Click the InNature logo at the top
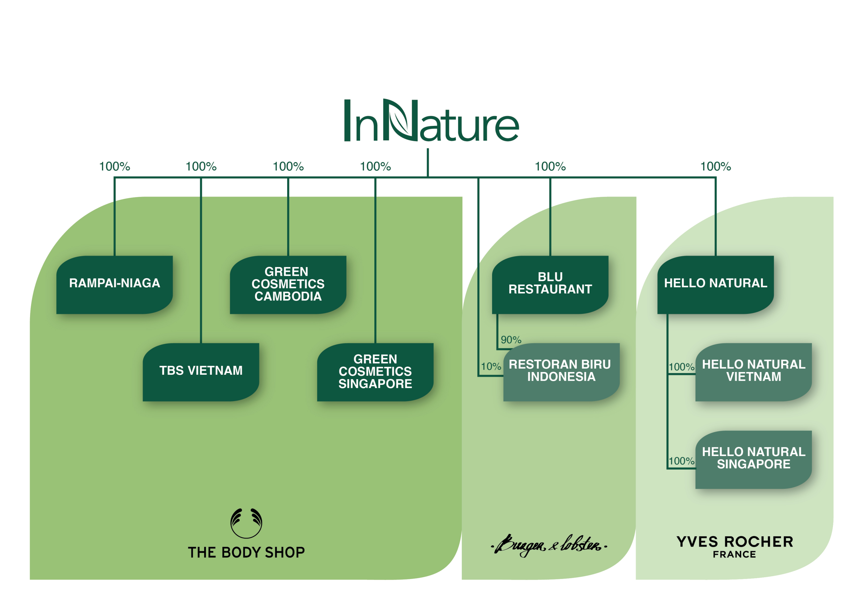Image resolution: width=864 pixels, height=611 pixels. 431,121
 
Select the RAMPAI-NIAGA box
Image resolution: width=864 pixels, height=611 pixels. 114,285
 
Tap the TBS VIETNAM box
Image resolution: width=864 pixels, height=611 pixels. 201,372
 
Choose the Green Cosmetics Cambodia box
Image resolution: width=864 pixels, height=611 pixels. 288,285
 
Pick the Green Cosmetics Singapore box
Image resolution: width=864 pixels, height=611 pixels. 375,372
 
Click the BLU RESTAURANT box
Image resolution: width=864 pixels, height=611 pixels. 550,285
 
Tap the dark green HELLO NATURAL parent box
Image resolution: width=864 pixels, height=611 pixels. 715,285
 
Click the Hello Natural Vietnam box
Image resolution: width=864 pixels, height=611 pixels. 753,372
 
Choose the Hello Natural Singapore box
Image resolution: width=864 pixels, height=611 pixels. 753,459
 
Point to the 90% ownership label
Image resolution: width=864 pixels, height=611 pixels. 511,340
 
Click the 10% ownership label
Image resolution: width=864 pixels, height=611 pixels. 491,366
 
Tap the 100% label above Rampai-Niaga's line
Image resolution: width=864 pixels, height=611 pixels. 114,166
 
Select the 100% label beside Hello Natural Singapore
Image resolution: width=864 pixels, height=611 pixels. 681,461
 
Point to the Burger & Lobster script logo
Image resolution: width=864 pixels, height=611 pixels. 549,546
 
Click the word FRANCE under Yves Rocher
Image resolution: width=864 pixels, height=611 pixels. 734,555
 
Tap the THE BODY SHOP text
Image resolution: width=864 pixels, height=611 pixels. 246,552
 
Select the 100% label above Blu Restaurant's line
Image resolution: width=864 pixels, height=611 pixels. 550,166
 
